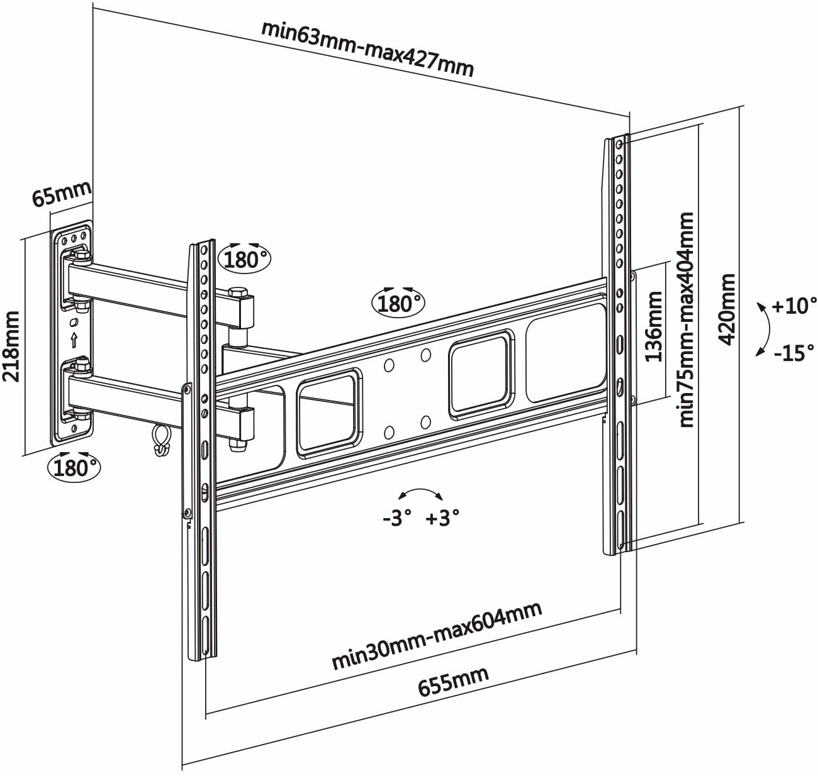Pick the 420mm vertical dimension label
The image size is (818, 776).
tap(727, 308)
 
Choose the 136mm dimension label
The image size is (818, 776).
tap(654, 326)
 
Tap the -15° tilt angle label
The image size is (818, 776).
tap(794, 353)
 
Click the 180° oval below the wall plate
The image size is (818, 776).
tap(74, 467)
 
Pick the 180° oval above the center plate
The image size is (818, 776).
tap(399, 303)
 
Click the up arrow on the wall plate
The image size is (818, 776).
tap(74, 340)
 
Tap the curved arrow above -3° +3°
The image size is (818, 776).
tap(422, 494)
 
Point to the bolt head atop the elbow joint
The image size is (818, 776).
tap(237, 292)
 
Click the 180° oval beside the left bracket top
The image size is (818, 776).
tap(243, 258)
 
